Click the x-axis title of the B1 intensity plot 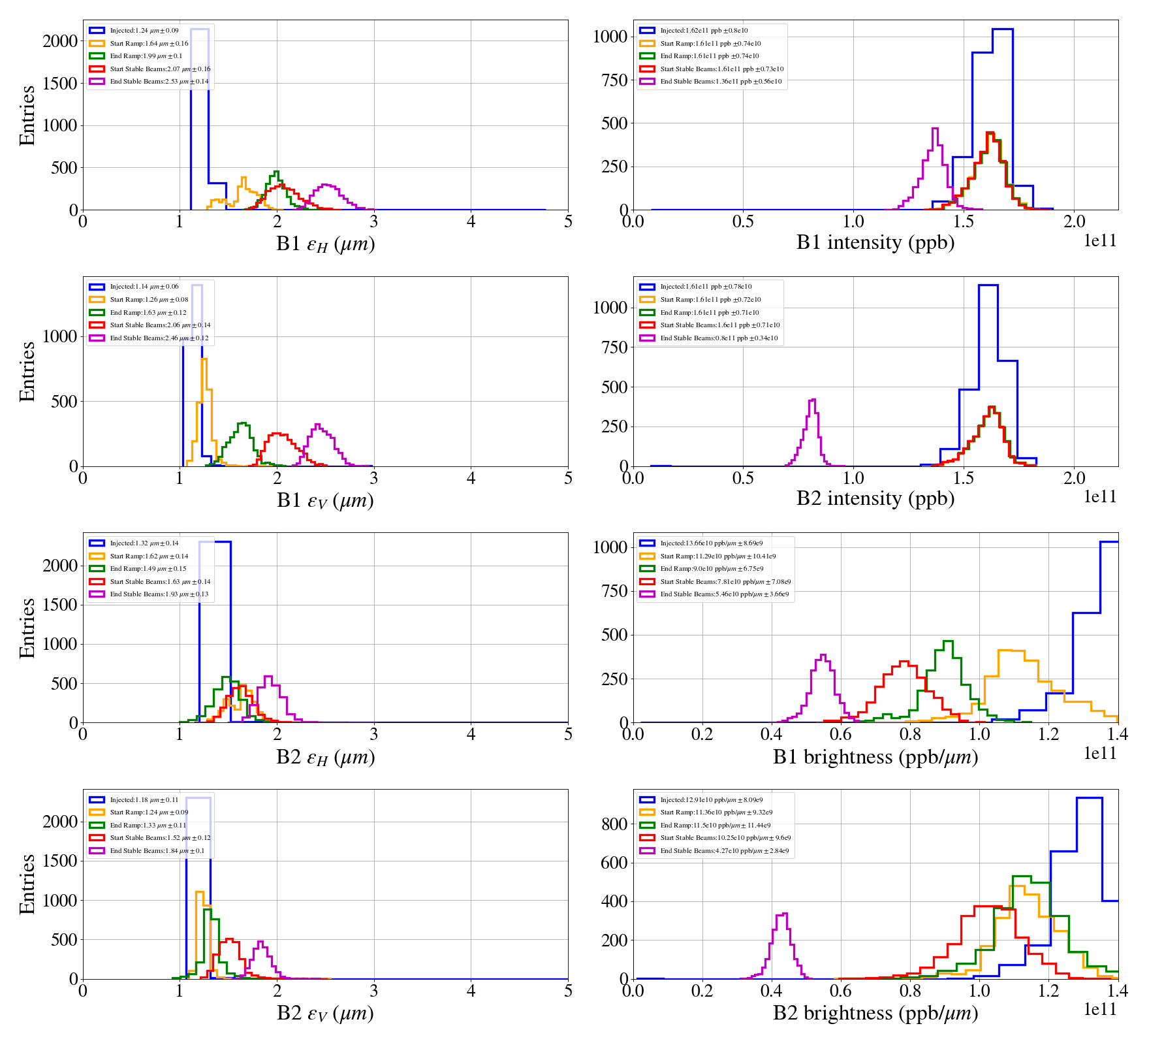pyautogui.click(x=875, y=242)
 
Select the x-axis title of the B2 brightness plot pyautogui.click(x=875, y=1013)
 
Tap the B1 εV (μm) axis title pyautogui.click(x=325, y=500)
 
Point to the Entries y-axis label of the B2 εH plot pyautogui.click(x=27, y=628)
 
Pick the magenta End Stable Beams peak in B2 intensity pyautogui.click(x=812, y=400)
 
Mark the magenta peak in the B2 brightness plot pyautogui.click(x=784, y=914)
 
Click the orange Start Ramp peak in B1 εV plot pyautogui.click(x=204, y=360)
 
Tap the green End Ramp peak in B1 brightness pyautogui.click(x=948, y=642)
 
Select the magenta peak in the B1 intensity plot pyautogui.click(x=935, y=129)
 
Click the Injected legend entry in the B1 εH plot pyautogui.click(x=144, y=31)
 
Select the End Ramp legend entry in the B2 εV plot pyautogui.click(x=148, y=826)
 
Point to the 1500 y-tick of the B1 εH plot pyautogui.click(x=60, y=83)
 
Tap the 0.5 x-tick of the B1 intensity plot pyautogui.click(x=743, y=221)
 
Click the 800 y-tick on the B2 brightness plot pyautogui.click(x=615, y=824)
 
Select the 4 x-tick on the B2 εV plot pyautogui.click(x=471, y=991)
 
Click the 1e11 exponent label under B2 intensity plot pyautogui.click(x=1100, y=497)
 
